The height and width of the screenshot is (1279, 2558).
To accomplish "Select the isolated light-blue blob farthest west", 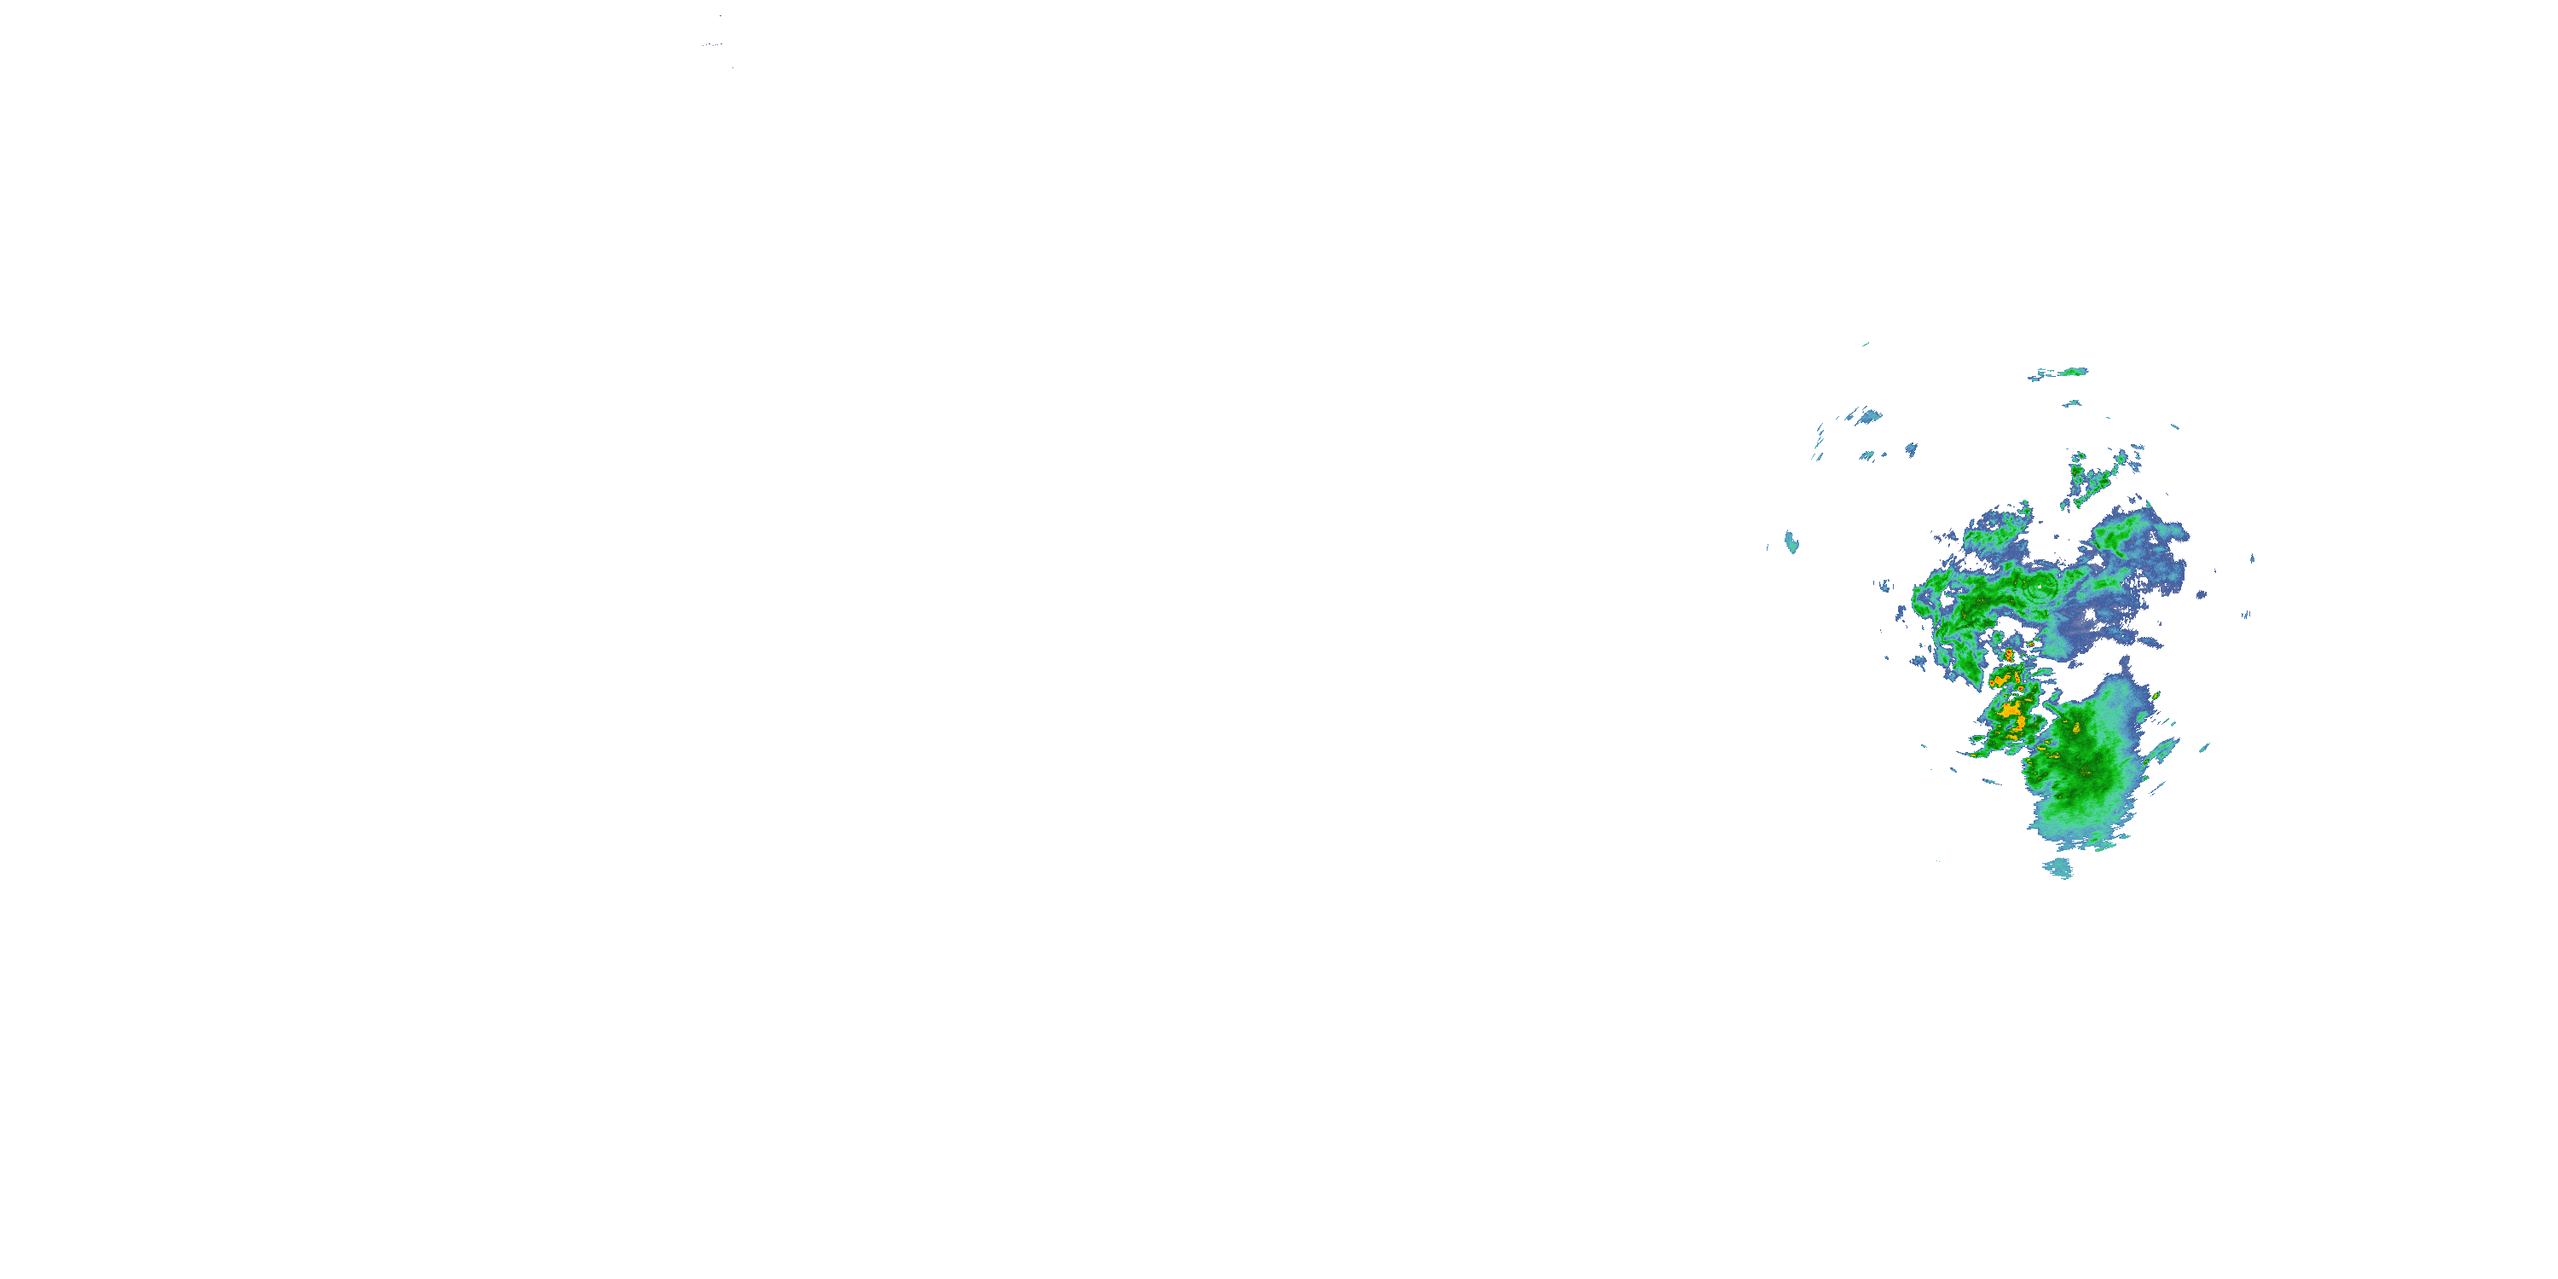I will click(x=1791, y=542).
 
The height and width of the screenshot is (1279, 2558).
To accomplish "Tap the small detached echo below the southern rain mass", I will click(x=2057, y=869).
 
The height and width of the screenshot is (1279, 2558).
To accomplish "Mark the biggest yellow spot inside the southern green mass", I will click(x=2076, y=728).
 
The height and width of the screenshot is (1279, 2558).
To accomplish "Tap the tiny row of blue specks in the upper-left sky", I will click(x=711, y=44).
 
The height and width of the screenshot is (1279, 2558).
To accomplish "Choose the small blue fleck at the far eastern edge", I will click(x=2247, y=615).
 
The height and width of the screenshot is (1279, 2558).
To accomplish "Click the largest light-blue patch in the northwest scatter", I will click(x=1869, y=416).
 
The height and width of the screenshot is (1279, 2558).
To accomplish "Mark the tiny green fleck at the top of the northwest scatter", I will click(x=1866, y=344).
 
